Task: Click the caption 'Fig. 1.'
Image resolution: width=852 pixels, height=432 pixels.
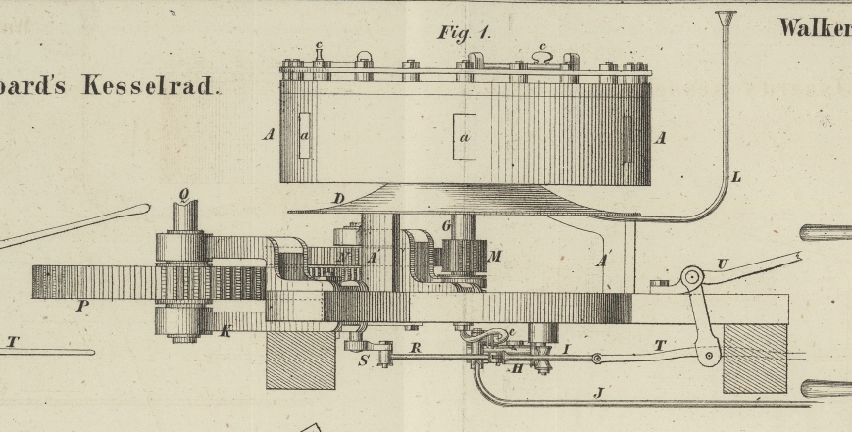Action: (x=465, y=32)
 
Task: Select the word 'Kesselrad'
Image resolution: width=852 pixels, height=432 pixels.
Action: (x=148, y=85)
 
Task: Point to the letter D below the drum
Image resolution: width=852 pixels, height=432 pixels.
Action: (x=338, y=200)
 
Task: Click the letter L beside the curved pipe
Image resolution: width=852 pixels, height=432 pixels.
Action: (x=736, y=177)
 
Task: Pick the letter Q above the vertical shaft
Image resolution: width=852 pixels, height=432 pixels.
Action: (x=183, y=194)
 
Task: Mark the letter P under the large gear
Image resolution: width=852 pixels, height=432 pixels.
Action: (x=83, y=306)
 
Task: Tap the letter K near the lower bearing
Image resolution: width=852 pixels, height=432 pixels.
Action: (x=226, y=332)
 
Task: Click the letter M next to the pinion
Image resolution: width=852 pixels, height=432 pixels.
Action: (x=495, y=257)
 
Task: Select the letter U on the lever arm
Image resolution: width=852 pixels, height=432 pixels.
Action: (x=723, y=264)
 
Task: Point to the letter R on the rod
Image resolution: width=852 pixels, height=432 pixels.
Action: (x=415, y=347)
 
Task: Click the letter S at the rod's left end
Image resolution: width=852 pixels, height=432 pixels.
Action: (x=364, y=360)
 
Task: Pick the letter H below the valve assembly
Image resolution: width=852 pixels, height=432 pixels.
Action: (x=517, y=369)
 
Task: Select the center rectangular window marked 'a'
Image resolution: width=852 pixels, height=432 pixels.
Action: (x=464, y=136)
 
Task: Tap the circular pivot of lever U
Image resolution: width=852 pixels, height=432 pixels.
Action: (x=692, y=277)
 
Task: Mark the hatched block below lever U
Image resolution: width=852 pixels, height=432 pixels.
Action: (x=754, y=358)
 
